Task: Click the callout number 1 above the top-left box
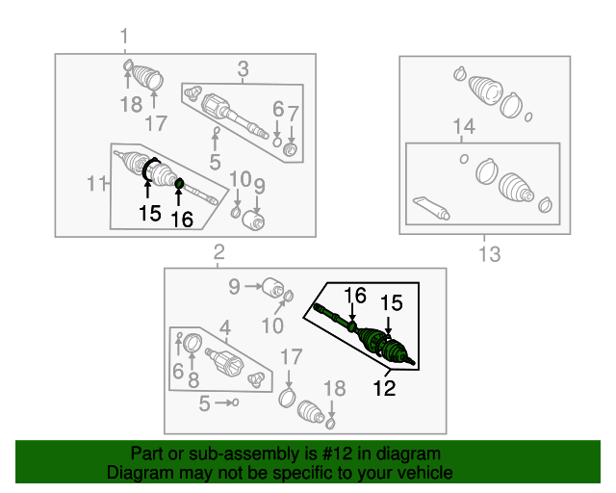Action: pyautogui.click(x=124, y=37)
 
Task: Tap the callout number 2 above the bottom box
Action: pyautogui.click(x=218, y=252)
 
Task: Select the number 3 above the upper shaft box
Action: pyautogui.click(x=244, y=68)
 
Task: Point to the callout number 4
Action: pyautogui.click(x=225, y=328)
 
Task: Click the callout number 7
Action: pyautogui.click(x=293, y=114)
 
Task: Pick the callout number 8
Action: pyautogui.click(x=193, y=380)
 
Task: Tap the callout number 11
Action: pyautogui.click(x=96, y=183)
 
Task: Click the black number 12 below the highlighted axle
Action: pyautogui.click(x=384, y=388)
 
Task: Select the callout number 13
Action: pyautogui.click(x=490, y=254)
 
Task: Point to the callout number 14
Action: pyautogui.click(x=464, y=126)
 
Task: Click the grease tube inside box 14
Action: pyautogui.click(x=431, y=208)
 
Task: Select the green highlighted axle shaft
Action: pyautogui.click(x=364, y=335)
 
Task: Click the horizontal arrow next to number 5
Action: pyautogui.click(x=224, y=402)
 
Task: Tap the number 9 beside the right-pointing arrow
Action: pyautogui.click(x=234, y=286)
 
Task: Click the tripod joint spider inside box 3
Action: pyautogui.click(x=192, y=93)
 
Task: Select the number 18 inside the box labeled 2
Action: pyautogui.click(x=334, y=388)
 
